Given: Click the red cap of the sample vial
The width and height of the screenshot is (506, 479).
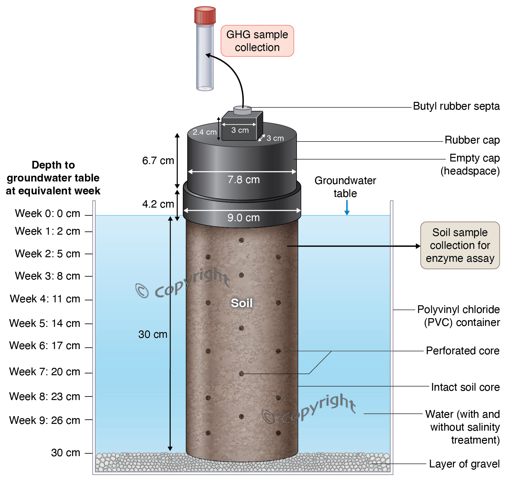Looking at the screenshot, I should (205, 15).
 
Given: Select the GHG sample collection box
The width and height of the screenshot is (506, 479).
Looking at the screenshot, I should (257, 41).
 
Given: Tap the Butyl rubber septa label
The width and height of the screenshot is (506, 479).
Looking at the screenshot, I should (456, 106).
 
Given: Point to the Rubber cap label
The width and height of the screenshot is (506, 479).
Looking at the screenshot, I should (472, 140).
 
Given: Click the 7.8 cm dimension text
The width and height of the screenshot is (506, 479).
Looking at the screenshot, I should (243, 180).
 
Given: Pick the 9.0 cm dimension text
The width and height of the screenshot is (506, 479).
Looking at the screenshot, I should (243, 218).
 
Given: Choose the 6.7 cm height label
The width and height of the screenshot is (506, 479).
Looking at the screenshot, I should (158, 161).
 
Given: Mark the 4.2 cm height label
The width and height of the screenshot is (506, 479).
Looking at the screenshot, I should (158, 204).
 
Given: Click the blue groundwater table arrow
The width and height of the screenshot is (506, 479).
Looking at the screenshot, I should (347, 208).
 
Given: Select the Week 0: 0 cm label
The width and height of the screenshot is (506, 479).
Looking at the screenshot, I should (48, 213).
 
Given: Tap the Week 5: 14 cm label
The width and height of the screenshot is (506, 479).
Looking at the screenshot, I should (45, 323).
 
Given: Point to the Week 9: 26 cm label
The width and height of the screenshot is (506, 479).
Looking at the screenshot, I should (45, 420).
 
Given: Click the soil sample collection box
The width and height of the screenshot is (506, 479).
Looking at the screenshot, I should (460, 245).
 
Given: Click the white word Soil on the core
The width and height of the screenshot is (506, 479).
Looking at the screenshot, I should (242, 303).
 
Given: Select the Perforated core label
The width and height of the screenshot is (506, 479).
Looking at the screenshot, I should (463, 351).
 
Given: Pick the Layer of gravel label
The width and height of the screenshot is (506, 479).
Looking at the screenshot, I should (464, 464).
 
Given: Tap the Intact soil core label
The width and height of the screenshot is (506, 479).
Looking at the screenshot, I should (465, 387).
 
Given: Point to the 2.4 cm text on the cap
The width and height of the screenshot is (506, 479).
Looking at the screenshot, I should (204, 132).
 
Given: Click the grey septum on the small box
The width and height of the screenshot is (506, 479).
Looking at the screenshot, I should (242, 110).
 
